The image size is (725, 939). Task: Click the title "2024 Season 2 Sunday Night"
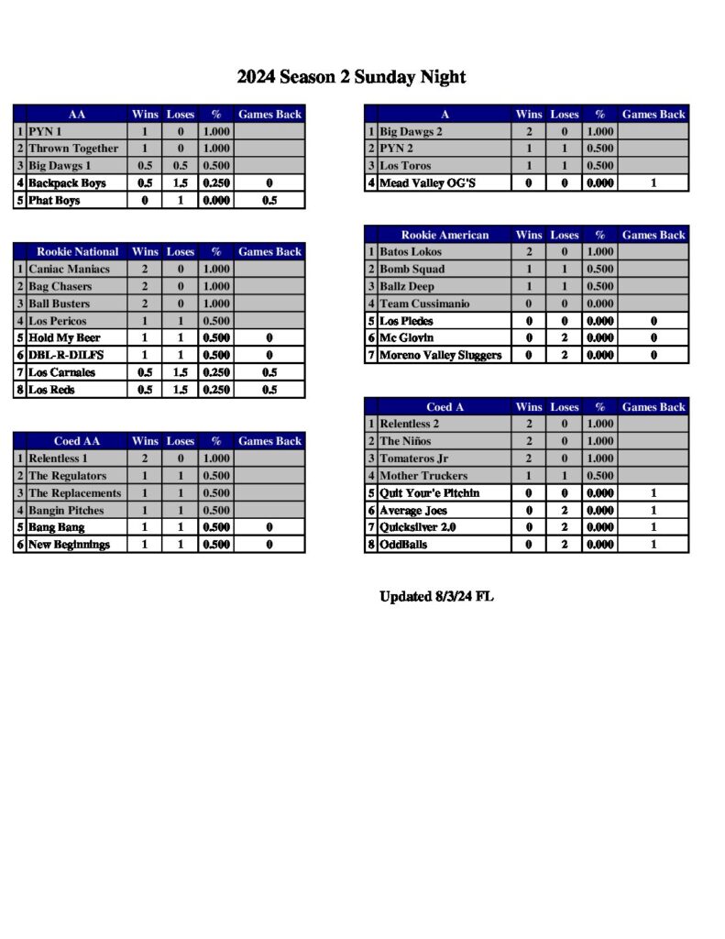351,77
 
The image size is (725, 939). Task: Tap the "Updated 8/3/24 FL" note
436,597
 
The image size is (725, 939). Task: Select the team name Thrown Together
73,149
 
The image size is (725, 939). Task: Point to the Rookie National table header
78,251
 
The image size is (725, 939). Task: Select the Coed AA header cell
77,441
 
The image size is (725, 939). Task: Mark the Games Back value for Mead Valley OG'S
653,183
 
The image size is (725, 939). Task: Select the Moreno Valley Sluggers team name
440,356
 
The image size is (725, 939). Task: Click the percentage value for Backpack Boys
216,183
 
